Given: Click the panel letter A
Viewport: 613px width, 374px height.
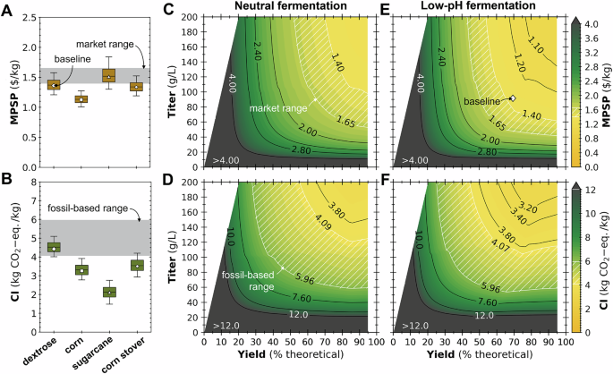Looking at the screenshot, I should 7,8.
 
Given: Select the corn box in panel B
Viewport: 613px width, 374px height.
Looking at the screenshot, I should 81,268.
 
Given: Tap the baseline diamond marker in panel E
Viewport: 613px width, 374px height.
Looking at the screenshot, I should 512,98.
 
